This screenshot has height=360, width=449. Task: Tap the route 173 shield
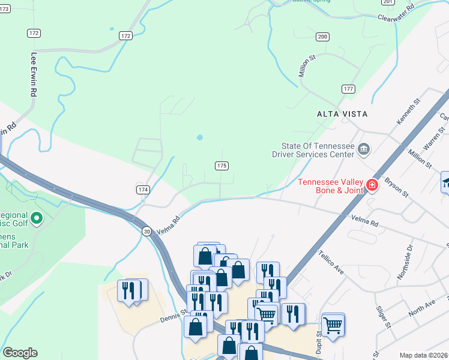[4, 9]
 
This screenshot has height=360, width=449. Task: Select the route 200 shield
[323, 37]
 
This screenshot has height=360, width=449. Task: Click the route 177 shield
[348, 89]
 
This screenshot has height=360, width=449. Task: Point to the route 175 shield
[221, 165]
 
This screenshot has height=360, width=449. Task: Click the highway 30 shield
[147, 230]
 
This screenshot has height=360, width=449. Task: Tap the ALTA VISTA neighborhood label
[342, 113]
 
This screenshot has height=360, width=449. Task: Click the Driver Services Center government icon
[364, 149]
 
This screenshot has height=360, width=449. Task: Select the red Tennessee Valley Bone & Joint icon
[373, 185]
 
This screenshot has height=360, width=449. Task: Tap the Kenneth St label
[406, 113]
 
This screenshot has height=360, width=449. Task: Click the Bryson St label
[397, 187]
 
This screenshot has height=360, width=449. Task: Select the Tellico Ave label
[331, 262]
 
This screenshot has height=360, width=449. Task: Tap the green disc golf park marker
[37, 219]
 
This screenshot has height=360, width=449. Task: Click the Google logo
[20, 353]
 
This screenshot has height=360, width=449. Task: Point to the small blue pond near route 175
[199, 137]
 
